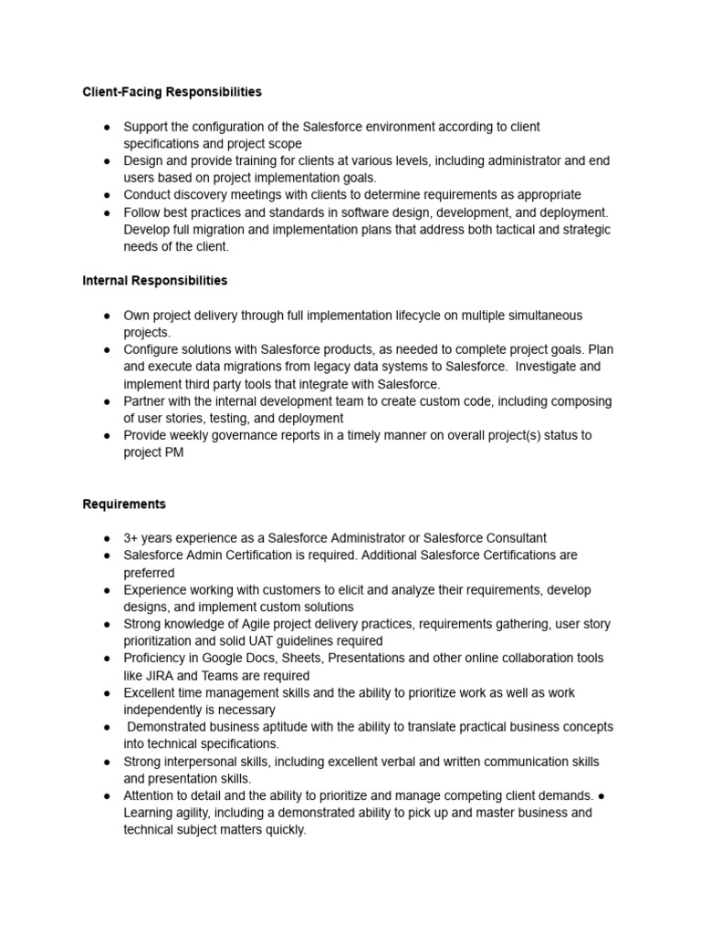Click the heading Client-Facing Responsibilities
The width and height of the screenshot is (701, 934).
click(172, 92)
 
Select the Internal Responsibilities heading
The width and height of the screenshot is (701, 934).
click(154, 280)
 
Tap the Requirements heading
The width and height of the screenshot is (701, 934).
click(124, 503)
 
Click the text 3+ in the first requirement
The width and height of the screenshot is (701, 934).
click(132, 538)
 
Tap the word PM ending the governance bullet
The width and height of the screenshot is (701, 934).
click(174, 452)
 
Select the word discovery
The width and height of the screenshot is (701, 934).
click(203, 194)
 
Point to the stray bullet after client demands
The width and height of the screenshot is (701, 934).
click(604, 796)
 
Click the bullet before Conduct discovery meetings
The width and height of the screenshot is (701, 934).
click(106, 195)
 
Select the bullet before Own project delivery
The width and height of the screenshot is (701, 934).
click(106, 316)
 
